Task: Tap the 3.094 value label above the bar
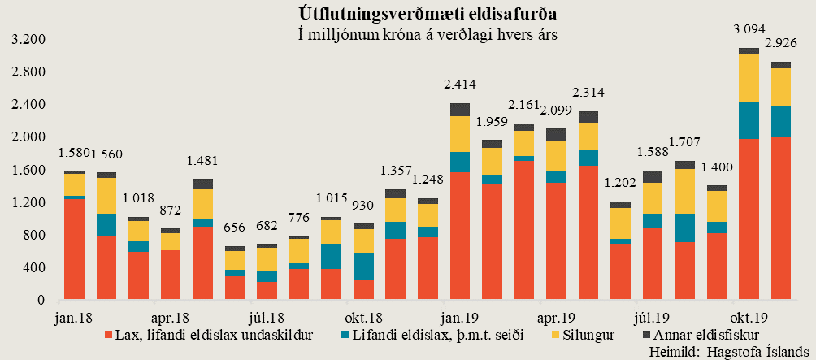click(x=748, y=28)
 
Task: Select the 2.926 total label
click(x=781, y=41)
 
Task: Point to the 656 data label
click(x=235, y=228)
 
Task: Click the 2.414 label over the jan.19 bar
click(x=459, y=85)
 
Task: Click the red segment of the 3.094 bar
click(x=749, y=219)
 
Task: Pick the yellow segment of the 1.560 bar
click(x=106, y=196)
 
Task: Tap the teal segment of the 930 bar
click(x=363, y=266)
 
